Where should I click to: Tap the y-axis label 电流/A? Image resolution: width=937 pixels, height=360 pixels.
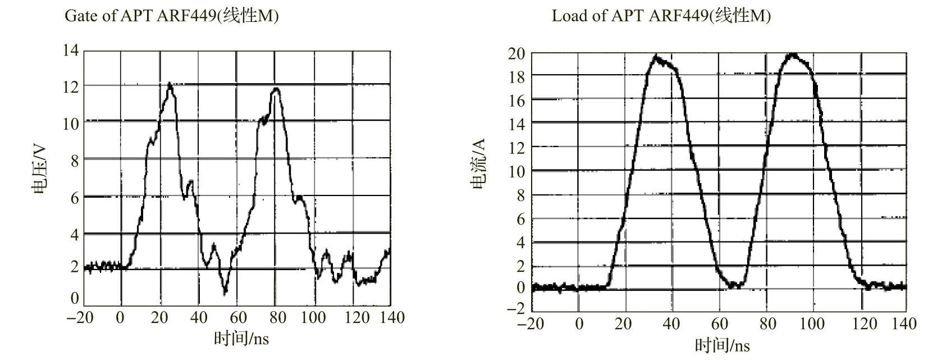pyautogui.click(x=478, y=165)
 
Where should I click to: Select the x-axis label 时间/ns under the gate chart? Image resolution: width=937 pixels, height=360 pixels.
pyautogui.click(x=241, y=338)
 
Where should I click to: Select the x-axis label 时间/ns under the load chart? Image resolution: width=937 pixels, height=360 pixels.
pyautogui.click(x=722, y=345)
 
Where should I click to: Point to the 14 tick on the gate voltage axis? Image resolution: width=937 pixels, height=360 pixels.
pyautogui.click(x=71, y=51)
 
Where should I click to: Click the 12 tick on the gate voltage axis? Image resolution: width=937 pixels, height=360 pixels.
pyautogui.click(x=71, y=86)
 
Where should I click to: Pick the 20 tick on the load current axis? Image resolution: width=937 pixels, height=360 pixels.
pyautogui.click(x=517, y=54)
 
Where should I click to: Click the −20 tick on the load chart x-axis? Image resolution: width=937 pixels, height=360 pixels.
pyautogui.click(x=530, y=324)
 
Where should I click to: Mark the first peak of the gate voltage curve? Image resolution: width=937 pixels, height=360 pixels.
pyautogui.click(x=170, y=84)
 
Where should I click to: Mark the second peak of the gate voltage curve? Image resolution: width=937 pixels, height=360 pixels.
pyautogui.click(x=276, y=89)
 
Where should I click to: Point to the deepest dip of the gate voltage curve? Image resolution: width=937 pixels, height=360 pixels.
pyautogui.click(x=225, y=292)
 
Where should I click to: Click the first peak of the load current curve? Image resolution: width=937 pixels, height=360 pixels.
pyautogui.click(x=656, y=57)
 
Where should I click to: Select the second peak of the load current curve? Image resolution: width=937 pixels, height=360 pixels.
pyautogui.click(x=792, y=55)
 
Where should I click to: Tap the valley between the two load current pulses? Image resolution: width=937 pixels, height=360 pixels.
pyautogui.click(x=733, y=286)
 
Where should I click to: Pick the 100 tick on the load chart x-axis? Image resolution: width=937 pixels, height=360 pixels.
pyautogui.click(x=812, y=324)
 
